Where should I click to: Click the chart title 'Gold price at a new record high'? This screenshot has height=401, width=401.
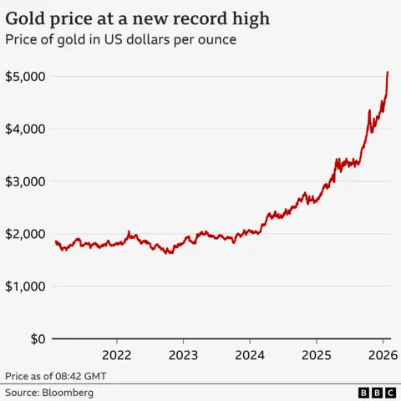point(138,18)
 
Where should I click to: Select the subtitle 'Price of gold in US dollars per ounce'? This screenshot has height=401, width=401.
point(119,38)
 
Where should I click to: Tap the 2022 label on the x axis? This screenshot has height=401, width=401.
point(117,353)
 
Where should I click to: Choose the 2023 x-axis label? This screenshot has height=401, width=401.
point(183,353)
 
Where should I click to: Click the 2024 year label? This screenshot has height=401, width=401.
point(250,353)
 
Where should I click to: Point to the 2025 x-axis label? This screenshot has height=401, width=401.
point(316,353)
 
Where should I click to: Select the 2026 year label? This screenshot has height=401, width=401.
point(381,353)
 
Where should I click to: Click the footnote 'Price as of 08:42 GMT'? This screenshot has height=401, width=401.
point(55,376)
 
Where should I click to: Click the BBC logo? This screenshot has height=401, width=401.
point(377,392)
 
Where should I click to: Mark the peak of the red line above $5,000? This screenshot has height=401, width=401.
point(388,73)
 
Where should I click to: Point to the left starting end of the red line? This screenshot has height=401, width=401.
point(55,241)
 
